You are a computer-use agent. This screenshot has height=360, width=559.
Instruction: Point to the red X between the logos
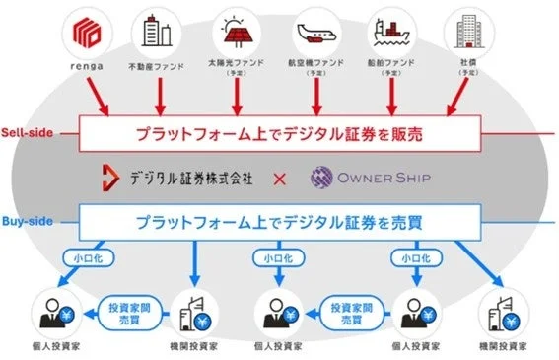(279, 179)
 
